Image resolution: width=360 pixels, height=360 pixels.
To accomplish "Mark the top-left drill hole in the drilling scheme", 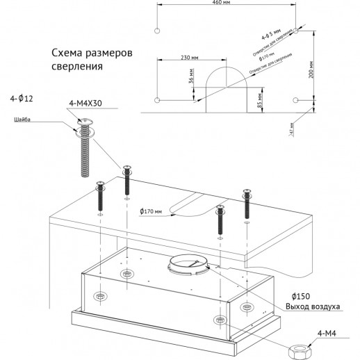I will pyautogui.click(x=158, y=31).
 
